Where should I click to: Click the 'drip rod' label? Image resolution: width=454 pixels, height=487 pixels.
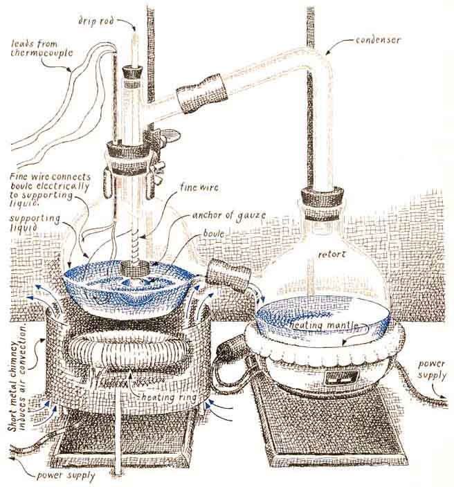(96, 21)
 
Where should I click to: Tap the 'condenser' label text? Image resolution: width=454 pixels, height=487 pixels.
(378, 40)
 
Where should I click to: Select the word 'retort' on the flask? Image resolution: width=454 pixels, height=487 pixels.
(332, 255)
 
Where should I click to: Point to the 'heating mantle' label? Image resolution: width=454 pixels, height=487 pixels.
(324, 325)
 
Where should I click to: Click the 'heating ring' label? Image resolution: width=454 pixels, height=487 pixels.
(170, 397)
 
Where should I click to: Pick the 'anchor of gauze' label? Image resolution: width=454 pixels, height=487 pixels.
(229, 215)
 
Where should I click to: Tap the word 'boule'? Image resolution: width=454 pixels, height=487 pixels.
(214, 234)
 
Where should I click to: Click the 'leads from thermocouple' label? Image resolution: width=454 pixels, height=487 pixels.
(42, 48)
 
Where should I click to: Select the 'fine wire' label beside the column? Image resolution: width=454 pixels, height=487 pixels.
(199, 187)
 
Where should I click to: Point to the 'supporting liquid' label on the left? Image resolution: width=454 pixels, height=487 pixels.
(35, 223)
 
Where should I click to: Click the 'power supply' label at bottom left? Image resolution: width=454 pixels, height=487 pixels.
(65, 475)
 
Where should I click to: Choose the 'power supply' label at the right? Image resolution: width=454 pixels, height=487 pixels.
(432, 369)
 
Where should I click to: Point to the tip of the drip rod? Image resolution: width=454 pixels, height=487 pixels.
(135, 31)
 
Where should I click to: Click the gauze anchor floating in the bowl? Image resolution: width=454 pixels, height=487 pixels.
(136, 268)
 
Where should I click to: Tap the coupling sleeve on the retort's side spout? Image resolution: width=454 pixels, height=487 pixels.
(229, 274)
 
